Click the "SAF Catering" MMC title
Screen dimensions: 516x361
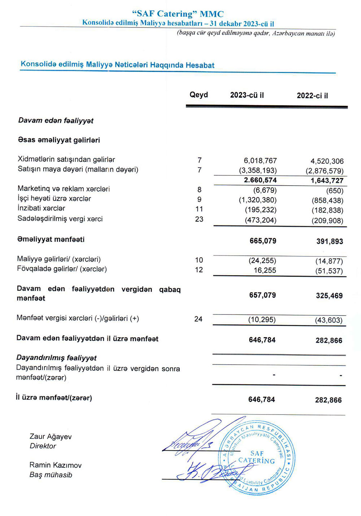[178, 14]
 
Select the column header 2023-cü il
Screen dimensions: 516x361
[247, 95]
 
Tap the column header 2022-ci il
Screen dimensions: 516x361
[312, 96]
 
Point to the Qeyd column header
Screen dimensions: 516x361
[199, 95]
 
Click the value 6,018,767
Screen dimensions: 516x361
[260, 161]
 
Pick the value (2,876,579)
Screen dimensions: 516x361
[324, 171]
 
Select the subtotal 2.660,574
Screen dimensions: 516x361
[260, 180]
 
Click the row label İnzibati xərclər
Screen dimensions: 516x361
[42, 208]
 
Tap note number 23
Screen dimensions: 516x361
[199, 219]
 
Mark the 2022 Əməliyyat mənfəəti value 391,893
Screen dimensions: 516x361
[330, 242]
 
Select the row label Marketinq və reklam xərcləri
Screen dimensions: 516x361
[64, 189]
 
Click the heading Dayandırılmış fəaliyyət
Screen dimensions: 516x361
[56, 358]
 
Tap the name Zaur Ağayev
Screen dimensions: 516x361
[51, 437]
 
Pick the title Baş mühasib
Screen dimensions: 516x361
[51, 475]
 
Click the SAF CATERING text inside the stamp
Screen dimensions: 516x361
[257, 458]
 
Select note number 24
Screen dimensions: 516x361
[198, 319]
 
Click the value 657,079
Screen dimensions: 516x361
[262, 295]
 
